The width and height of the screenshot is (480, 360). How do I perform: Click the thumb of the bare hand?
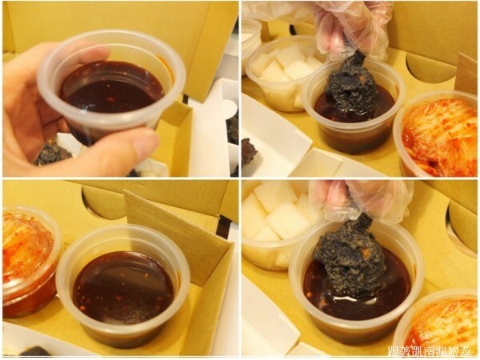tap(120, 146)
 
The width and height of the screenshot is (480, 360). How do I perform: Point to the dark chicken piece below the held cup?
tap(53, 153)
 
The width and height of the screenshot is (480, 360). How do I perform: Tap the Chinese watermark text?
tap(431, 350)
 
